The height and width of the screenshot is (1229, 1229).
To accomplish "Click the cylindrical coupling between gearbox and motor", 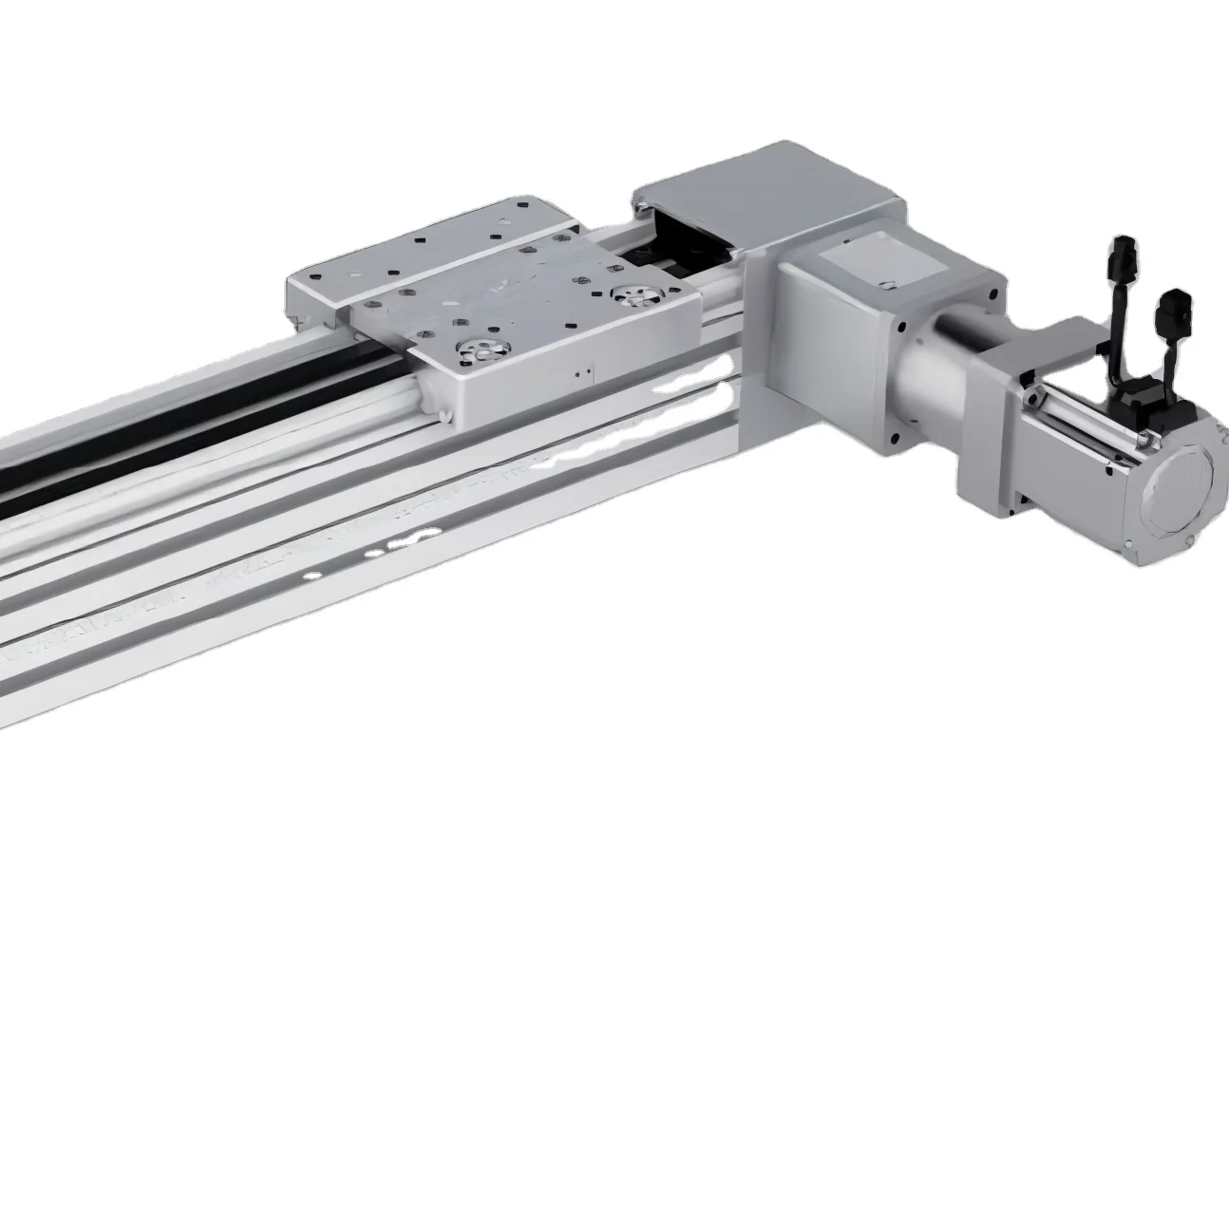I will (940, 381).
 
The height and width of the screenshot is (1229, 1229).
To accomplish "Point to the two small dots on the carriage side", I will (589, 372).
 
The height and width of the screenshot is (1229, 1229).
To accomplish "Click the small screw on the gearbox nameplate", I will (885, 282).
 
